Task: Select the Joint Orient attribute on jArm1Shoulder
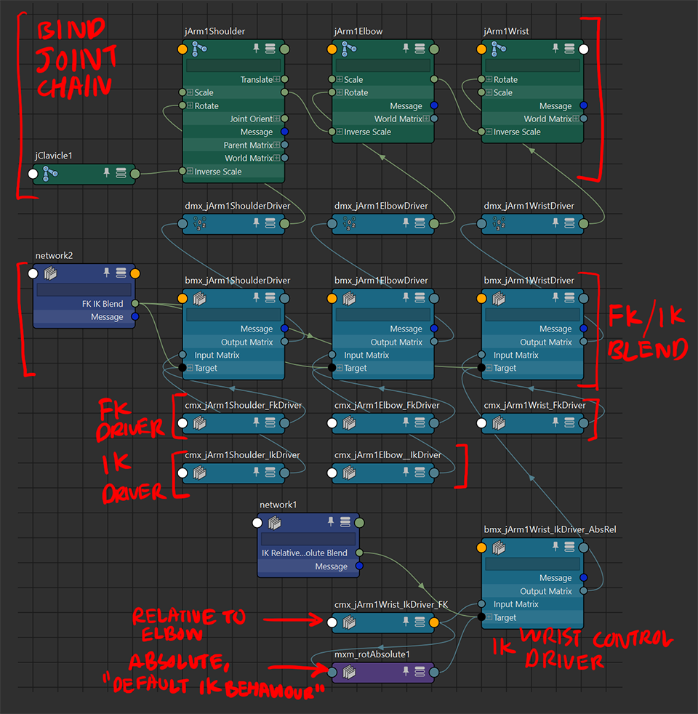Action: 251,119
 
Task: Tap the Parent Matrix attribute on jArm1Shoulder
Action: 248,145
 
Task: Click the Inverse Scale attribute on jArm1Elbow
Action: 367,132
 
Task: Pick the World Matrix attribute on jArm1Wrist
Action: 547,119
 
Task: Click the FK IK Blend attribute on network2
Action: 103,303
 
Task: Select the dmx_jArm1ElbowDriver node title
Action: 381,206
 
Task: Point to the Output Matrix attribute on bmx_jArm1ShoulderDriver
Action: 246,342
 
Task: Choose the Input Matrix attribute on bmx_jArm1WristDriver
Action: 516,355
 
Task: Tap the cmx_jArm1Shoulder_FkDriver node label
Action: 243,405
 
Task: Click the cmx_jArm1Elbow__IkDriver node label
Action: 388,455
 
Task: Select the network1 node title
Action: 278,505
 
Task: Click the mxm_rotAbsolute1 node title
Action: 372,654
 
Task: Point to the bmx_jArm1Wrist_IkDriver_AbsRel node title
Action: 550,529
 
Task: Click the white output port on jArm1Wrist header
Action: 583,49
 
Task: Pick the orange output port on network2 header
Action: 135,273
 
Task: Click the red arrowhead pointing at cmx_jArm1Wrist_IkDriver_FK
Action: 320,619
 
